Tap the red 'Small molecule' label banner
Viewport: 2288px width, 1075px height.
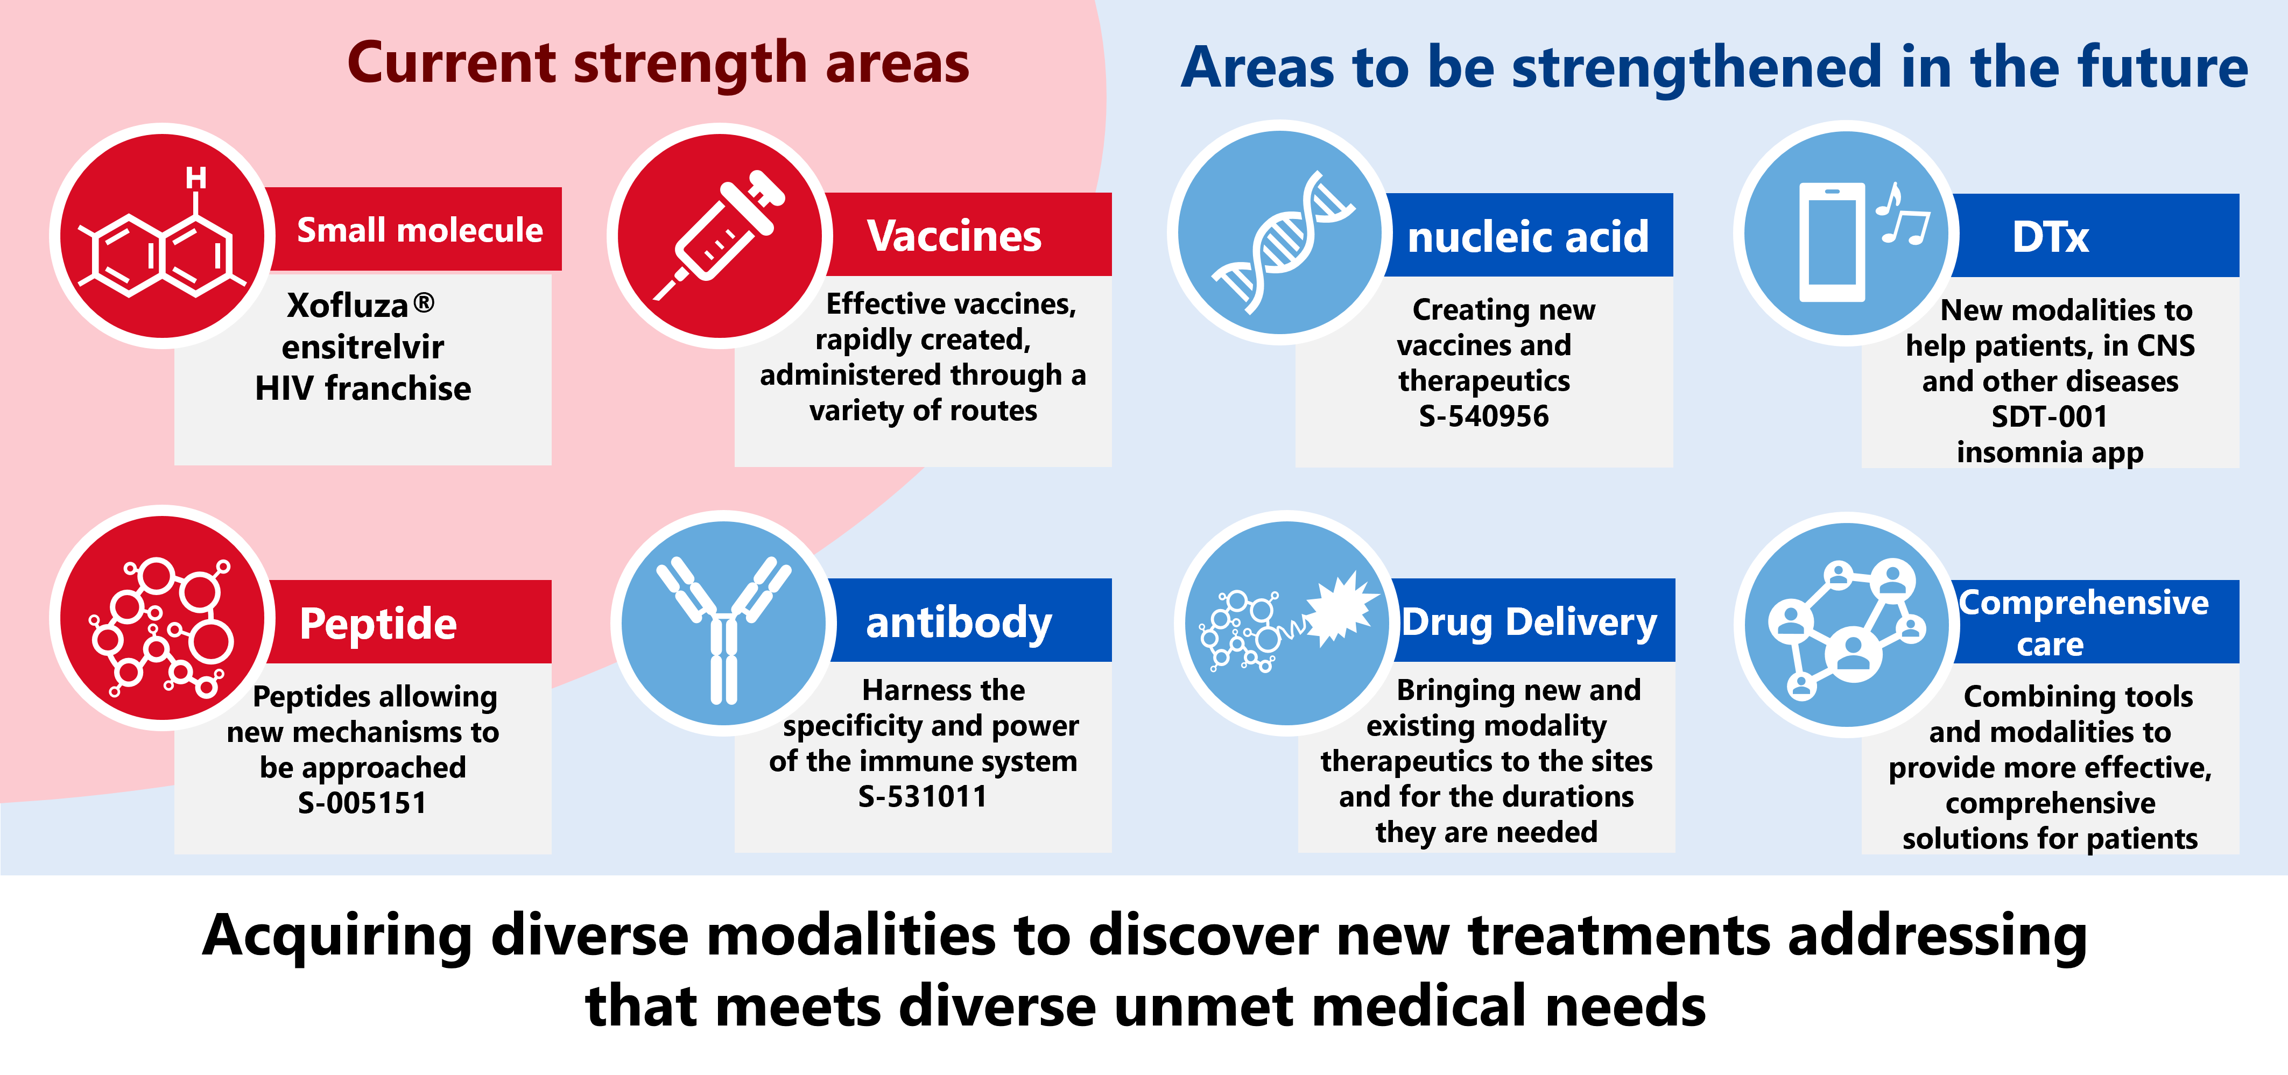[418, 230]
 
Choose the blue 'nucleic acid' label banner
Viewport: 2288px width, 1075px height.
[1527, 236]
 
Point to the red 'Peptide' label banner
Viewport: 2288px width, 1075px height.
[378, 623]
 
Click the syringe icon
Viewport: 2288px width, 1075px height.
[720, 235]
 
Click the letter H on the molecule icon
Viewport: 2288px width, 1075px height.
[196, 179]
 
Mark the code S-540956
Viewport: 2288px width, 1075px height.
[1483, 416]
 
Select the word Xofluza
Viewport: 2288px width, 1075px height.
[347, 306]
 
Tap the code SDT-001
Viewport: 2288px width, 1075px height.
[2049, 416]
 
